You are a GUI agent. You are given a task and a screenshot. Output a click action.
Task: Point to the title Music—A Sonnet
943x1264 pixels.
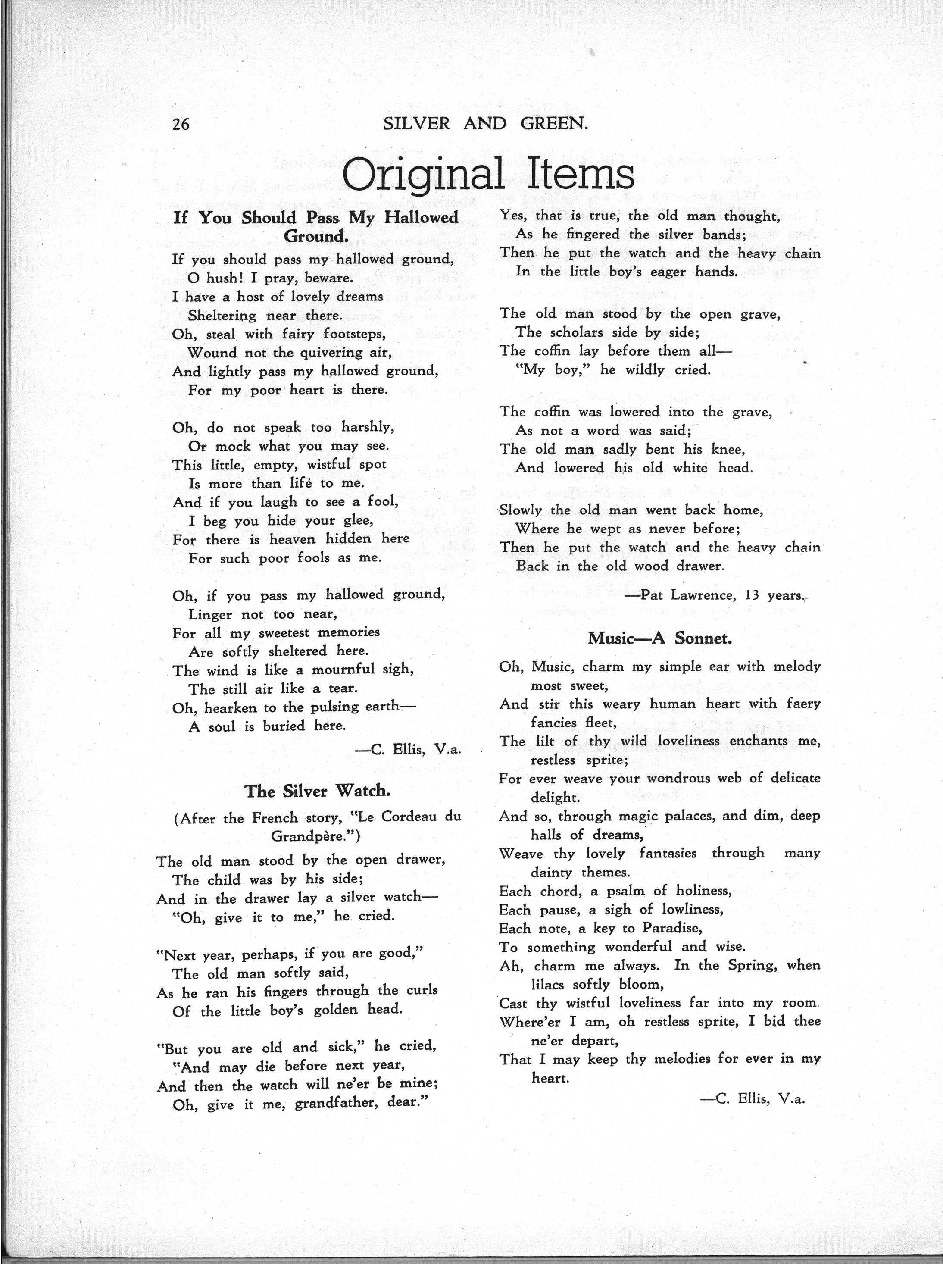[660, 638]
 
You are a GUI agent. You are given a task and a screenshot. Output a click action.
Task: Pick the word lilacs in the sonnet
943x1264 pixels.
[558, 984]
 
